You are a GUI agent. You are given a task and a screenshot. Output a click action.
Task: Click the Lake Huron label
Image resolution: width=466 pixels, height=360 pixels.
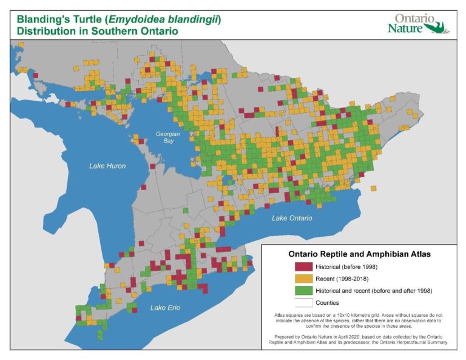coord(107,166)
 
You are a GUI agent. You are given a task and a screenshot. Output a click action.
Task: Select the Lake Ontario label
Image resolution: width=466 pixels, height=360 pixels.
coord(292,218)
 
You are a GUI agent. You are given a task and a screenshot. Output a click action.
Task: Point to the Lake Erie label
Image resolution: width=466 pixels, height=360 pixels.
coord(165,308)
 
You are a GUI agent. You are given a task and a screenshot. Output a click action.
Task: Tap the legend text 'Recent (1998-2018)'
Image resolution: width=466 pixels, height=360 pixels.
coord(344,278)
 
